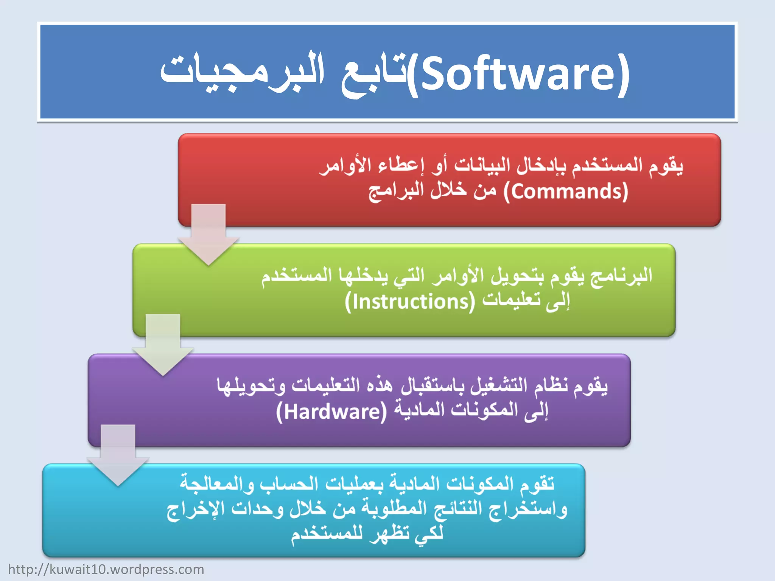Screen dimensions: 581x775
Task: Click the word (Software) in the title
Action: click(x=518, y=74)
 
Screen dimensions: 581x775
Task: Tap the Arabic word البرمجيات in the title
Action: click(x=242, y=72)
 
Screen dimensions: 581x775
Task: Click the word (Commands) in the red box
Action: click(x=566, y=191)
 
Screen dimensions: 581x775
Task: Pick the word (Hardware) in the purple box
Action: click(x=331, y=412)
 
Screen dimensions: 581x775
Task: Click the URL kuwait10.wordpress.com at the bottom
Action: click(x=106, y=569)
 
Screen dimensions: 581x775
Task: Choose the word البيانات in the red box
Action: click(x=477, y=166)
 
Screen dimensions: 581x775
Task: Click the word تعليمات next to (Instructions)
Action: click(x=511, y=301)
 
